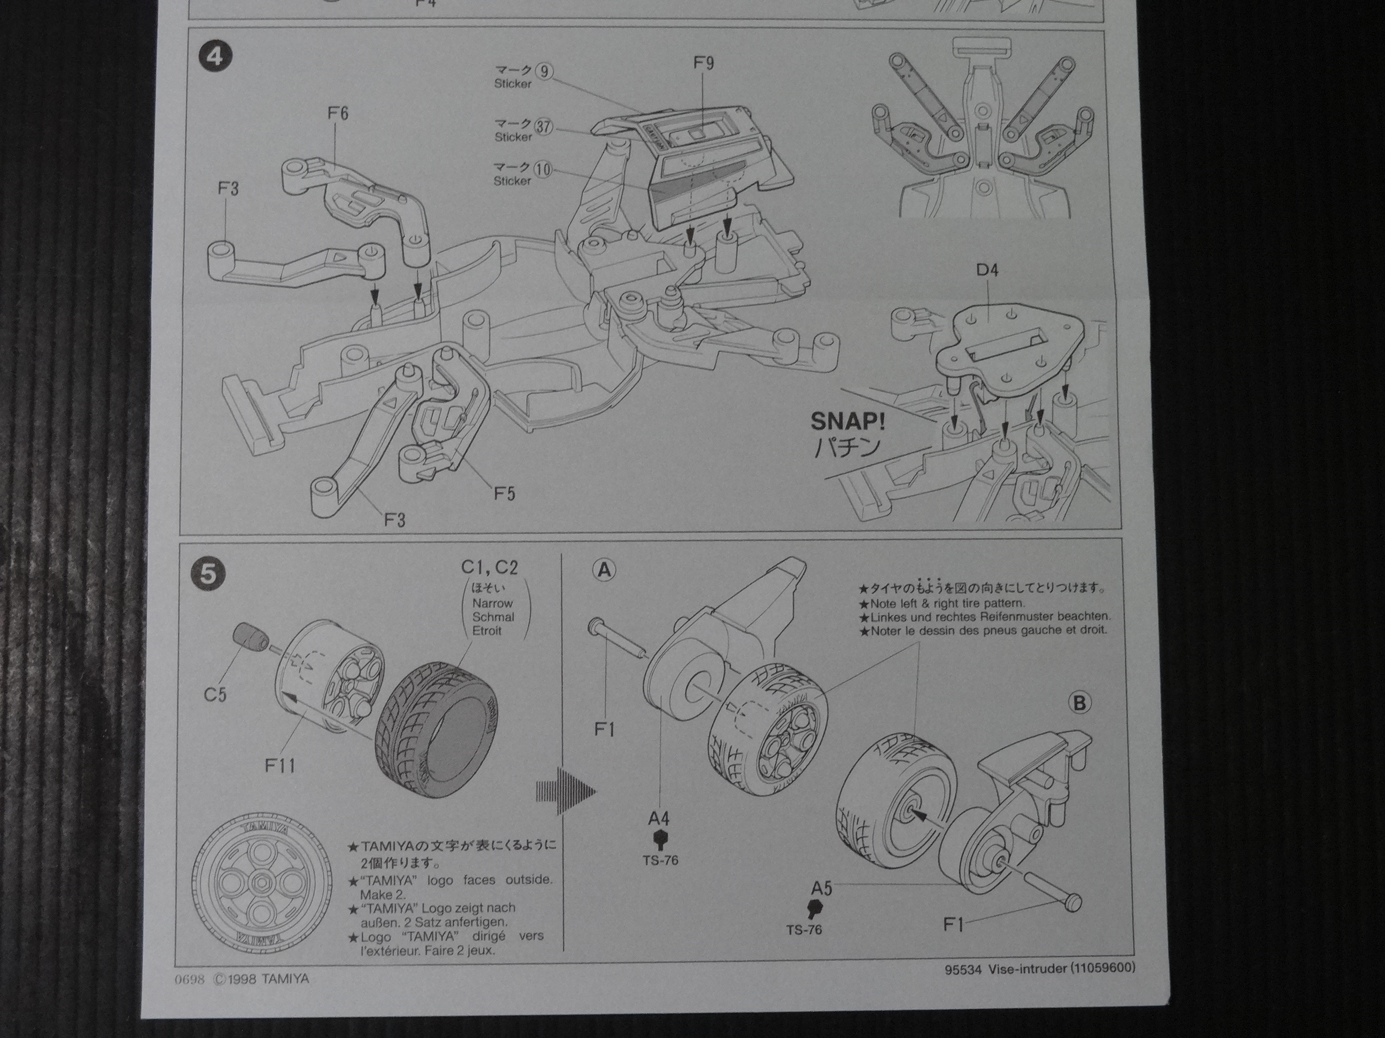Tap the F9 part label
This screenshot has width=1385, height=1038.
703,63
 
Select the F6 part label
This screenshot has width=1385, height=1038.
338,113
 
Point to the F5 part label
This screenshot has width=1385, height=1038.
504,494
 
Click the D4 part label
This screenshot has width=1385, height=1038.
987,270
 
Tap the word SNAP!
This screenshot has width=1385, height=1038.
848,421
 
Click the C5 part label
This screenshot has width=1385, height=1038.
215,695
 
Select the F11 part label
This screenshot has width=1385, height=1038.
280,765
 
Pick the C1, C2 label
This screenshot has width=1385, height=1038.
489,567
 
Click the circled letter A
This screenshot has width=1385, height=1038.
604,570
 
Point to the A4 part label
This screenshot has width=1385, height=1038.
659,818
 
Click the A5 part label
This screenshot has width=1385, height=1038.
821,888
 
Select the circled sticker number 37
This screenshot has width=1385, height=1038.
543,128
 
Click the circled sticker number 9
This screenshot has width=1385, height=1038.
544,72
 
